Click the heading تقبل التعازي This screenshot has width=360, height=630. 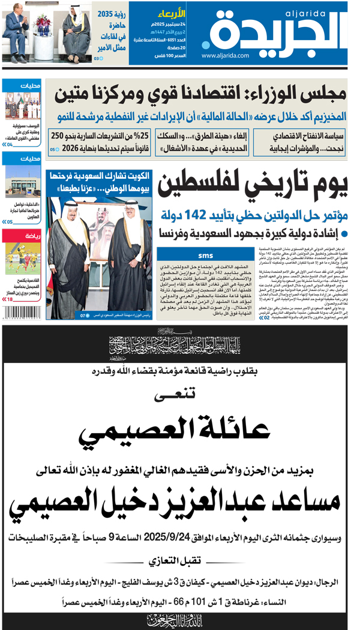(x=179, y=562)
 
